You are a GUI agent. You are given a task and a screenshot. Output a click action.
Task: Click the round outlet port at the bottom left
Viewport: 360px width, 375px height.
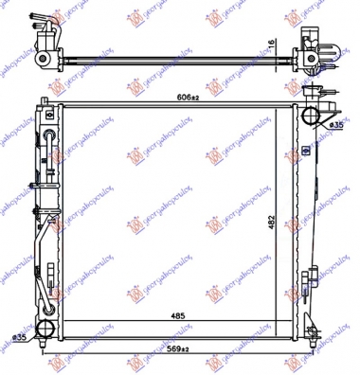point(48,330)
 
